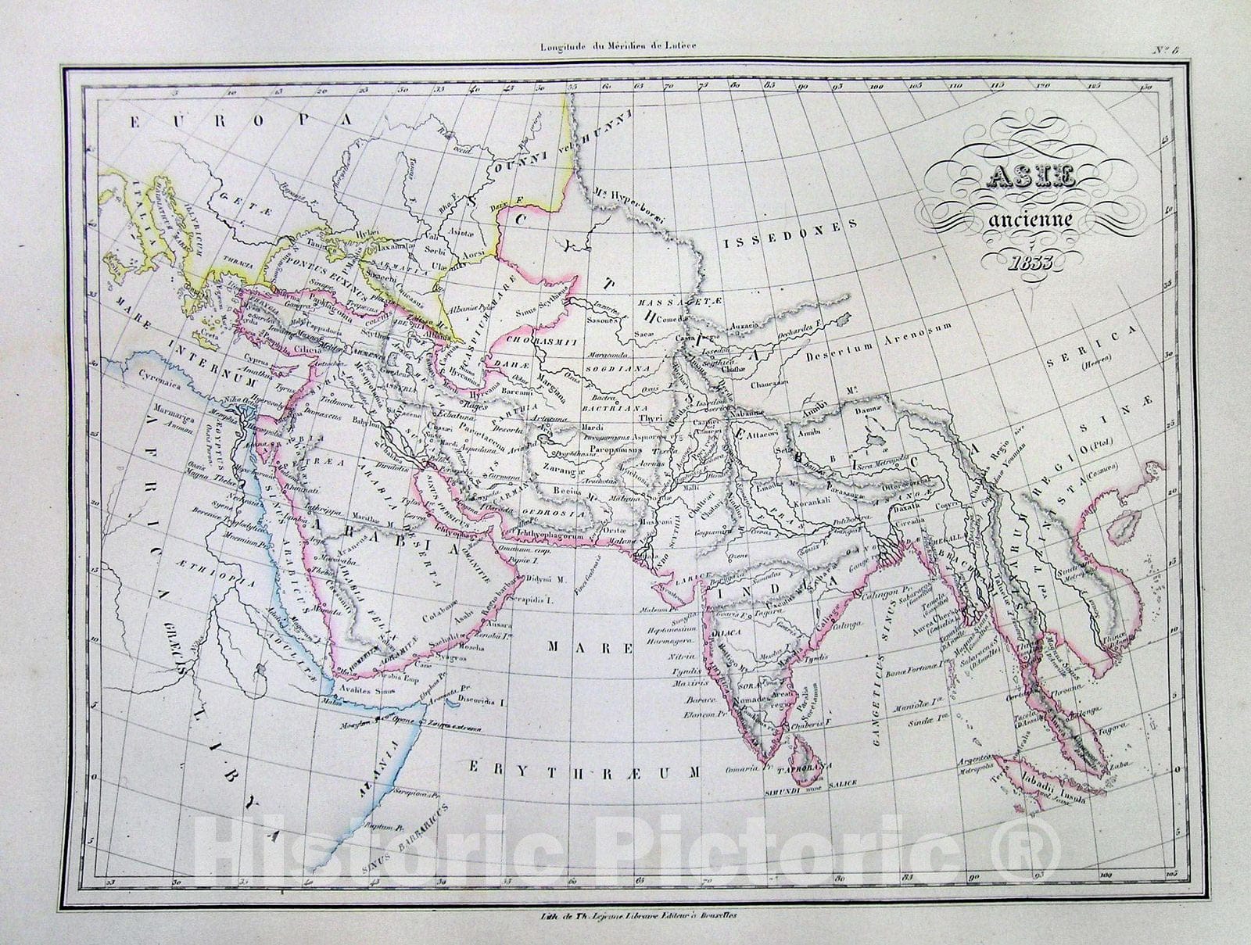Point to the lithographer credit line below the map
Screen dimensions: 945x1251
[625, 916]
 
